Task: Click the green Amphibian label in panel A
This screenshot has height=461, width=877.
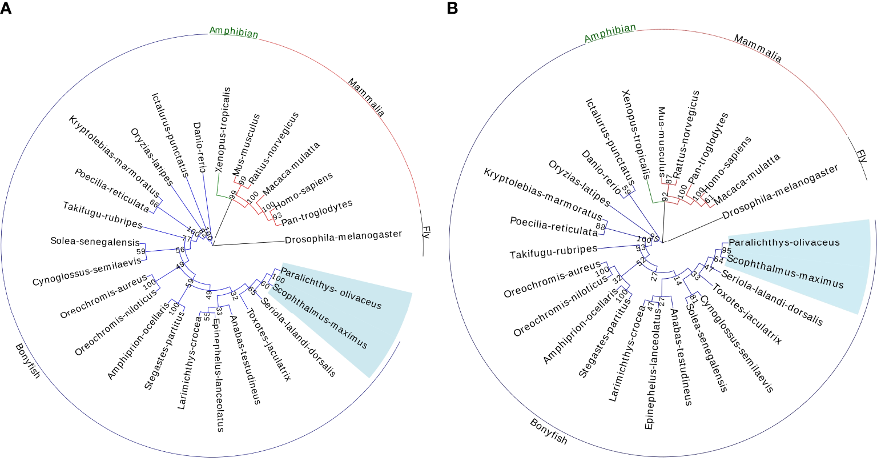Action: (234, 32)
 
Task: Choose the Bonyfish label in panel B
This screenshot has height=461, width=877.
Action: (549, 431)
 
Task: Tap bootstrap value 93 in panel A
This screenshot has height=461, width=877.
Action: (277, 216)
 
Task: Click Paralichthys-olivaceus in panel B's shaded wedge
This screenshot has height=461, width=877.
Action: (784, 242)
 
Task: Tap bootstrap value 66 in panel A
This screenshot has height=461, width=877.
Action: (154, 203)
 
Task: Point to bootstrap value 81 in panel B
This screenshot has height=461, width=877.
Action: (694, 297)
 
